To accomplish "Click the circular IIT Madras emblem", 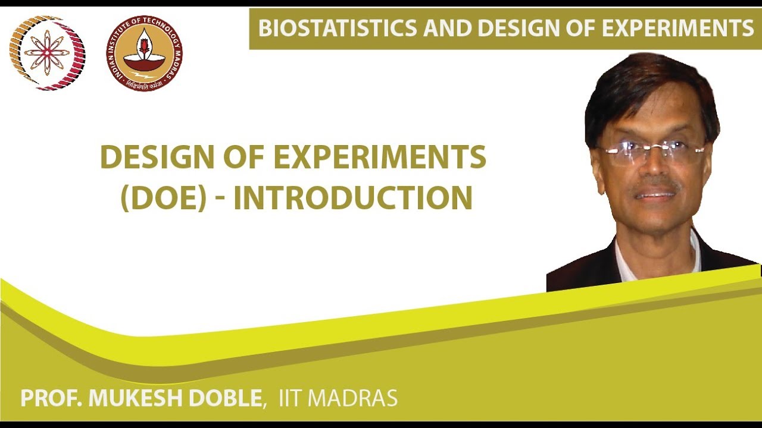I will pyautogui.click(x=144, y=53).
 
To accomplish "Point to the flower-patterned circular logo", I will pyautogui.click(x=47, y=53).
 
